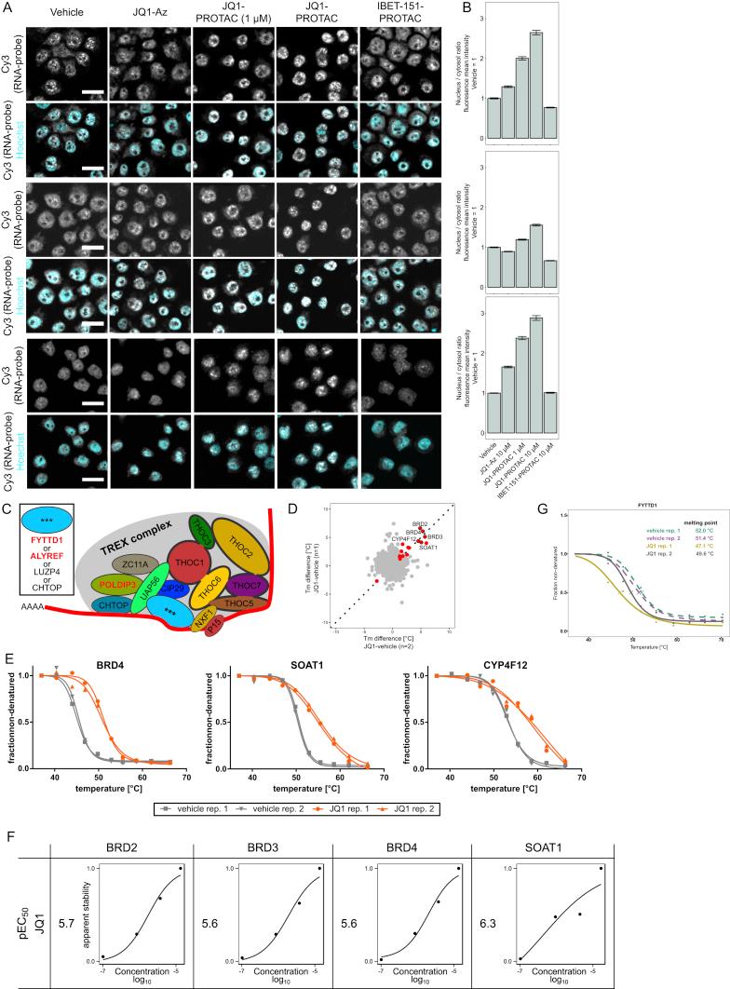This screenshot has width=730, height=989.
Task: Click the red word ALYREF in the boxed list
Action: click(x=37, y=576)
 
